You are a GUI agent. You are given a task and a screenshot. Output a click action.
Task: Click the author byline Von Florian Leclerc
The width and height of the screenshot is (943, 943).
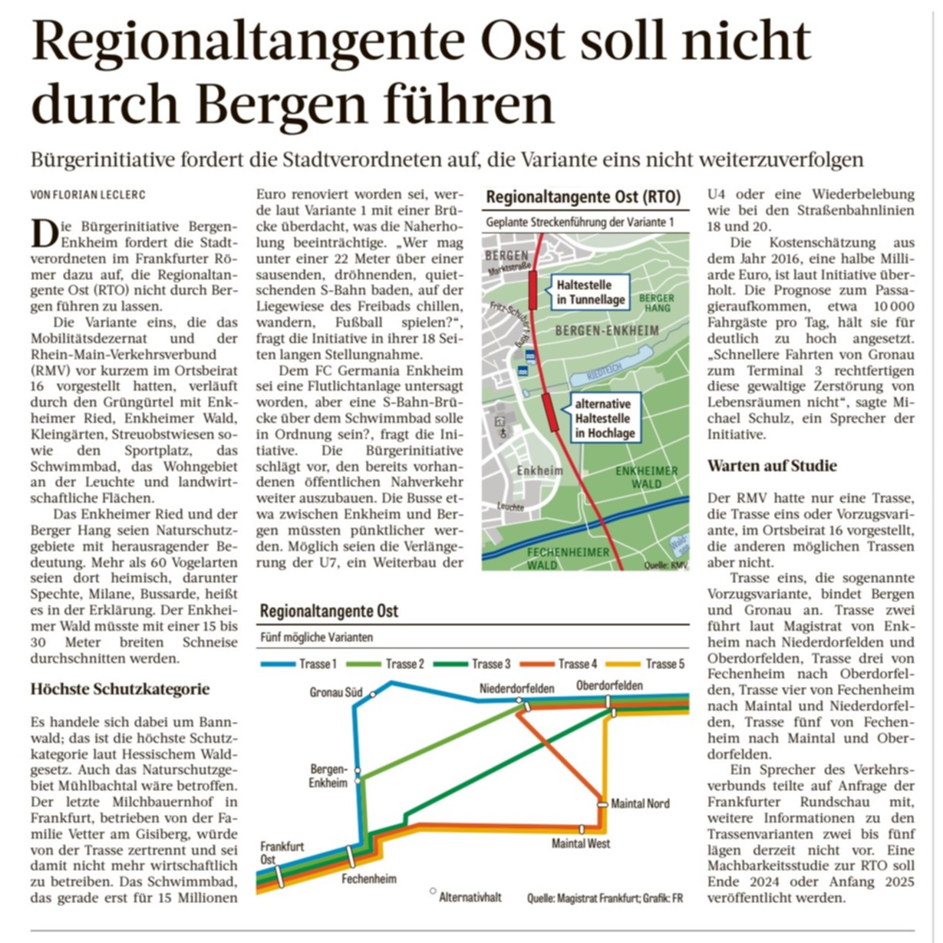pyautogui.click(x=87, y=195)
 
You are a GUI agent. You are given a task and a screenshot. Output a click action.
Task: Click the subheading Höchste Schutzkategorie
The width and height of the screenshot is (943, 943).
pyautogui.click(x=120, y=688)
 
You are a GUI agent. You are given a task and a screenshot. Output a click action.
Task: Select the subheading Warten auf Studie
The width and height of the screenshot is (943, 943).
pyautogui.click(x=772, y=466)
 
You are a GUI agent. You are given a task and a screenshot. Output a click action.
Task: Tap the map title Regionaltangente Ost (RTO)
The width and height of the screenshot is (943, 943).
pyautogui.click(x=583, y=197)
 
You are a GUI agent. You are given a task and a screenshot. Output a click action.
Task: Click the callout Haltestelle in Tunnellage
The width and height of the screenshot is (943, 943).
pyautogui.click(x=591, y=292)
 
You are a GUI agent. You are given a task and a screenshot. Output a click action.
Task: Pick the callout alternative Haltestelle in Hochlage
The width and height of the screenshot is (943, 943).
pyautogui.click(x=605, y=418)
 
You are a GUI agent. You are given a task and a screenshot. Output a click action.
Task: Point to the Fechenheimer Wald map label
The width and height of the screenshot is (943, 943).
pyautogui.click(x=569, y=558)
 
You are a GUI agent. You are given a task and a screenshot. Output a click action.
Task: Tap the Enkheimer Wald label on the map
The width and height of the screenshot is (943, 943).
pyautogui.click(x=647, y=477)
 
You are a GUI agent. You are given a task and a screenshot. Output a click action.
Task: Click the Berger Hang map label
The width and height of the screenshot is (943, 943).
pyautogui.click(x=657, y=302)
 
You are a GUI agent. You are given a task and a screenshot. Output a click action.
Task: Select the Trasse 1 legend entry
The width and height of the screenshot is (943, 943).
pyautogui.click(x=299, y=664)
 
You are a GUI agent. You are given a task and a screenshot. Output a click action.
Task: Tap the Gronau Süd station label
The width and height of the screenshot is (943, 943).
pyautogui.click(x=336, y=692)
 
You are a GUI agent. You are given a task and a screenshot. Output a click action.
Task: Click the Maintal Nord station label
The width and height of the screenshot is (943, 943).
pyautogui.click(x=640, y=804)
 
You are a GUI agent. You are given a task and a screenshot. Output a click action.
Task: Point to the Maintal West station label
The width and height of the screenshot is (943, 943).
pyautogui.click(x=581, y=843)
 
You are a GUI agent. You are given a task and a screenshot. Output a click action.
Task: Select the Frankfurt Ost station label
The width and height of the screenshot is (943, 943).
pyautogui.click(x=282, y=852)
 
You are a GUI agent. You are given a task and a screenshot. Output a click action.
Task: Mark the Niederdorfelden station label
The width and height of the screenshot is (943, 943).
pyautogui.click(x=516, y=688)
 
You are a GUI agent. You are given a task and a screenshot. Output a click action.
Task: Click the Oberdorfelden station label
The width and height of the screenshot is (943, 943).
pyautogui.click(x=610, y=685)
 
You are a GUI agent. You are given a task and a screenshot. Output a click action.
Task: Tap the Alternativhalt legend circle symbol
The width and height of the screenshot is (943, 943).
pyautogui.click(x=433, y=892)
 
